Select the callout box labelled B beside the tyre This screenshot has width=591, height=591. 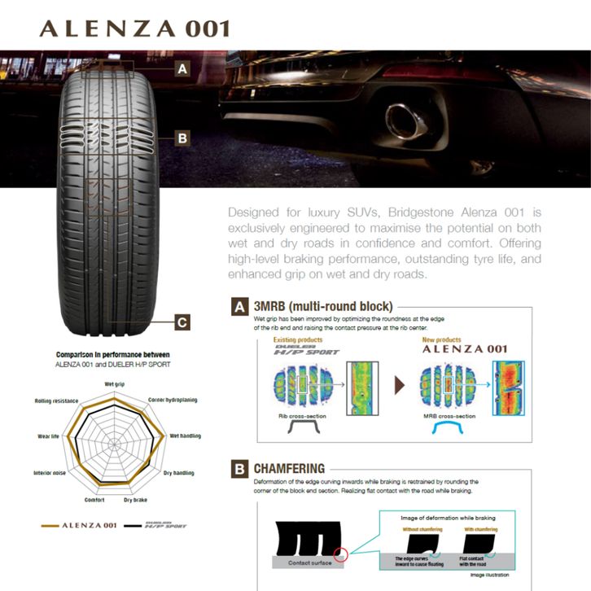182,138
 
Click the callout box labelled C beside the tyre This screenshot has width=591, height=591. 182,322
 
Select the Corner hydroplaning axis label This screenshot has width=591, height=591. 173,401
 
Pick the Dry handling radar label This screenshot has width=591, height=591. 178,473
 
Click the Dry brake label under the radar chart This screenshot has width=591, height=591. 136,499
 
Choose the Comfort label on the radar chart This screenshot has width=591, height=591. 94,499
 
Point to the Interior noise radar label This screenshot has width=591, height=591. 51,473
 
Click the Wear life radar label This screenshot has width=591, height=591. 47,436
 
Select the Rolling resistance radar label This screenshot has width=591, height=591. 56,401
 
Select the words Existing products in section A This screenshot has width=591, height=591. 298,339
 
